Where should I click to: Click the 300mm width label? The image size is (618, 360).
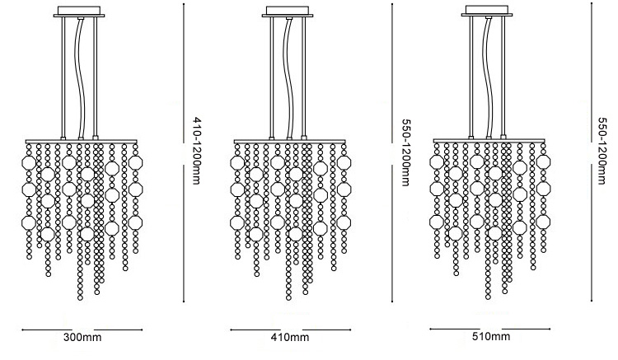coord(82,337)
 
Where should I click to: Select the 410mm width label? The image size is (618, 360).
coord(290,337)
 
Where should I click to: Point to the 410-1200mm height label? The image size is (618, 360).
coord(196,151)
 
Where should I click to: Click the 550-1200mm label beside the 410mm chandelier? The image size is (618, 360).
coord(405,152)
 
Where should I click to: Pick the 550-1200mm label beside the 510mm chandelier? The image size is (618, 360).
coord(602,151)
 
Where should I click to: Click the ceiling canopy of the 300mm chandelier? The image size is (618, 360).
coord(79,12)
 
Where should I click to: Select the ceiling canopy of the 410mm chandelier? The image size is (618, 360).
coord(288,12)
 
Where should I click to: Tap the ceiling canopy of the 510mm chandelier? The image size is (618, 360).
coord(487,11)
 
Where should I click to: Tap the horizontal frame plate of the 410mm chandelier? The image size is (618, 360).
coord(290,142)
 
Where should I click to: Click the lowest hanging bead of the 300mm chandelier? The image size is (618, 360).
coord(81,297)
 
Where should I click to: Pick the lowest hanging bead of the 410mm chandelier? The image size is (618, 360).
coord(289,297)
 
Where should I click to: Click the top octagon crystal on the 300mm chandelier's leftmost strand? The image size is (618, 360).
coord(29,162)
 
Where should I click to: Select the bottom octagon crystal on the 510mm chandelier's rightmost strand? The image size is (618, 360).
coord(544,222)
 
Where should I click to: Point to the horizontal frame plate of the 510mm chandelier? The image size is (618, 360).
coord(489,141)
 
